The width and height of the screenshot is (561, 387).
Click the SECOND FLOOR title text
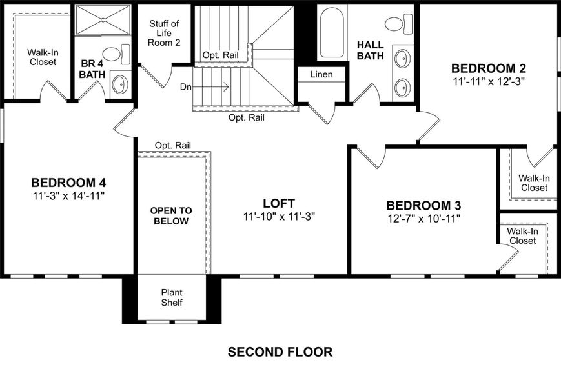280,352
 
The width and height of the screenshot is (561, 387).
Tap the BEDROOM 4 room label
68,181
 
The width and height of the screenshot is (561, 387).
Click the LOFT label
279,203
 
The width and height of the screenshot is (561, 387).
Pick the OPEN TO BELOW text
170,216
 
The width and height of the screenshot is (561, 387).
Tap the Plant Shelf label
172,297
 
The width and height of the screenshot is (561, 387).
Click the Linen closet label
321,75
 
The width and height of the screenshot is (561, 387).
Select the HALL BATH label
371,50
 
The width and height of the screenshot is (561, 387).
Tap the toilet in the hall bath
398,25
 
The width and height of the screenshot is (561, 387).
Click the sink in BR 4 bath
119,83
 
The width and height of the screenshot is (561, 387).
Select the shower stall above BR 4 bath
103,19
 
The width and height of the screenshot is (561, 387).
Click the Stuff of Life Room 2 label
165,33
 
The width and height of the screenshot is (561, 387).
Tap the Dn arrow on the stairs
213,85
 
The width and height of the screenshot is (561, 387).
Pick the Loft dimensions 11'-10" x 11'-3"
279,216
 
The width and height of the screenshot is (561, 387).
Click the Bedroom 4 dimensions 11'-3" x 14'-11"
68,195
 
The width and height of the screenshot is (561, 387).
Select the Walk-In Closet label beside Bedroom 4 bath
41,57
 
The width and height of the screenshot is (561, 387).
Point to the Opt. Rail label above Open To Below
173,146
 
